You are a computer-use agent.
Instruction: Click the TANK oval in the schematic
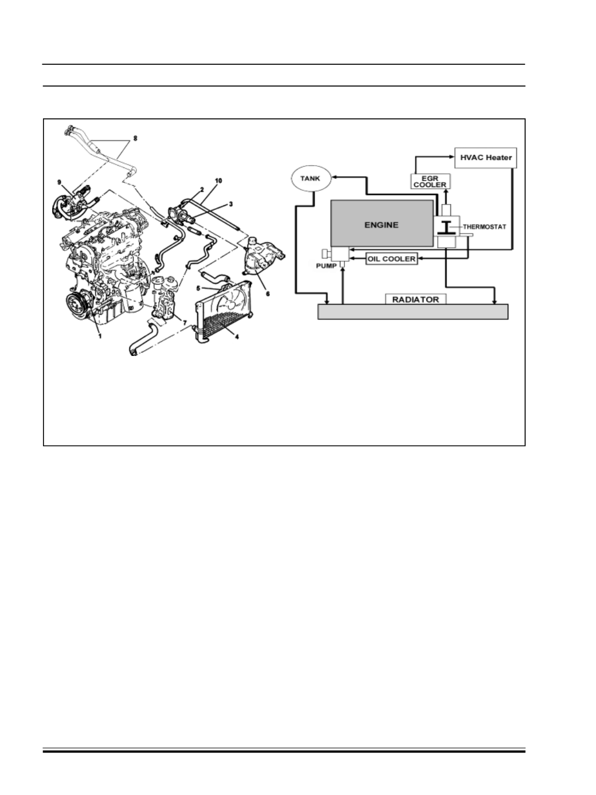pos(311,178)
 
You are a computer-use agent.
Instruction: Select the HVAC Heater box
pos(485,158)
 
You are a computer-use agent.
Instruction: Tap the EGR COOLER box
pos(430,182)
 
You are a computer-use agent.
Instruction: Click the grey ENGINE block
pos(382,224)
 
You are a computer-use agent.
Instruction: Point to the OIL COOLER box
pos(391,259)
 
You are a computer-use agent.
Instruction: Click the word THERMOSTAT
pos(484,227)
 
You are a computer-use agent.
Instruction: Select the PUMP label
pos(326,266)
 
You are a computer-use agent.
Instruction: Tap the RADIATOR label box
pos(415,299)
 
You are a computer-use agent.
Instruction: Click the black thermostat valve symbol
pos(446,228)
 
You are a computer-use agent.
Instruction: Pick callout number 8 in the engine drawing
pos(135,138)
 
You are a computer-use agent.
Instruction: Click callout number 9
pos(60,182)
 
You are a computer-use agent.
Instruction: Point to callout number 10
pos(218,181)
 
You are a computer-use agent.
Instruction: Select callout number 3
pos(231,204)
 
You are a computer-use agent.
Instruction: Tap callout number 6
pos(268,293)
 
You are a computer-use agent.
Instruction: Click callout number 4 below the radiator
pos(237,337)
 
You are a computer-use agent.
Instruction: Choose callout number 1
pos(100,336)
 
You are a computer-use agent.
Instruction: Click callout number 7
pos(185,323)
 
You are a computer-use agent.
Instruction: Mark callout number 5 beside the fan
pos(198,288)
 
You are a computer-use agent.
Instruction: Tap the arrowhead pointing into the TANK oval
pos(334,177)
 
